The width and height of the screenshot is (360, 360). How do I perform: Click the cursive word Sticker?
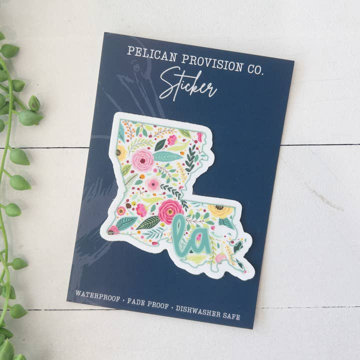click(187, 85)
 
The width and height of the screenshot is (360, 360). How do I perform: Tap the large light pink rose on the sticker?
click(143, 159)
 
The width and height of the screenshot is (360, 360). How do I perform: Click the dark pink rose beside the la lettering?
click(170, 210)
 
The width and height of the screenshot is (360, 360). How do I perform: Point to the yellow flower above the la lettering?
click(220, 210)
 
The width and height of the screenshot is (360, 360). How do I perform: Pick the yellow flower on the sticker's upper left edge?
click(121, 152)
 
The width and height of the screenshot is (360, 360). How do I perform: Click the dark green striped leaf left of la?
click(148, 222)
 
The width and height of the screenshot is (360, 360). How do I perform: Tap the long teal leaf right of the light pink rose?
click(167, 156)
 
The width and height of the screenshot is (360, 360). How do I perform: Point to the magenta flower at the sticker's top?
click(172, 139)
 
